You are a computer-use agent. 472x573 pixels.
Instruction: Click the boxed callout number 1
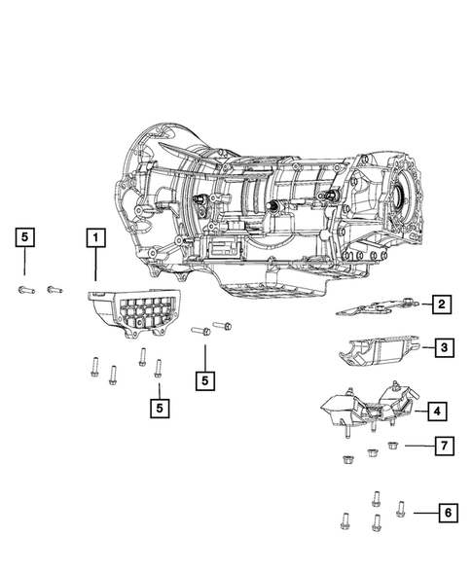click(95, 238)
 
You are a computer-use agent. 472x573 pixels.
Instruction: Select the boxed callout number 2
click(441, 304)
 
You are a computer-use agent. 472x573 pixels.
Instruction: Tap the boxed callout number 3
click(444, 347)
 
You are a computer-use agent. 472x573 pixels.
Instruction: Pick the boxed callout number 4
click(437, 412)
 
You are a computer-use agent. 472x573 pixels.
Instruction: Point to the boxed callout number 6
click(448, 513)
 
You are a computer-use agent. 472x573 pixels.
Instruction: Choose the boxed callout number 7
click(445, 446)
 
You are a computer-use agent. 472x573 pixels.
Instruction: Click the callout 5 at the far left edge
click(25, 237)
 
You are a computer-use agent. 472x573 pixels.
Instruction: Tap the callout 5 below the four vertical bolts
click(160, 408)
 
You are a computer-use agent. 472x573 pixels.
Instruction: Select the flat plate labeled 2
click(377, 307)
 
